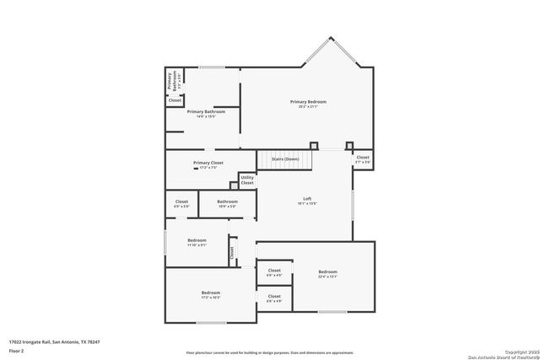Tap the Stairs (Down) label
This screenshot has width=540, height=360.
point(285,159)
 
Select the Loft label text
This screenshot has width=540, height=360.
point(307,199)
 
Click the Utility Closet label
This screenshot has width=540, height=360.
point(247,180)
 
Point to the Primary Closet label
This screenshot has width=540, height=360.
point(208,163)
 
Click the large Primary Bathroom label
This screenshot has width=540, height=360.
point(207,112)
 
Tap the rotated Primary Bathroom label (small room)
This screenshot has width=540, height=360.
point(169,81)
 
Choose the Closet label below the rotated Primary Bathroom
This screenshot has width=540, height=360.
point(175,100)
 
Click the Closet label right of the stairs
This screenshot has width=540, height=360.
point(362,158)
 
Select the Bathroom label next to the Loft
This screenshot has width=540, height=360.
point(227,201)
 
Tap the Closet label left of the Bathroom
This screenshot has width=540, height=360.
point(181,201)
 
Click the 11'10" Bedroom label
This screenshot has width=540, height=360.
point(197,240)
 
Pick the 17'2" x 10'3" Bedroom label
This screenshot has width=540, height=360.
point(210,293)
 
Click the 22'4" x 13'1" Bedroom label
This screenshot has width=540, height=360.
point(327,271)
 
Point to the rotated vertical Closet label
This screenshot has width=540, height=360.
point(231,251)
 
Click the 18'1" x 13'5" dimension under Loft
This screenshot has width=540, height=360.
point(307,204)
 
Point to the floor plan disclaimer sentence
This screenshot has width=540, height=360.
point(269,352)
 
